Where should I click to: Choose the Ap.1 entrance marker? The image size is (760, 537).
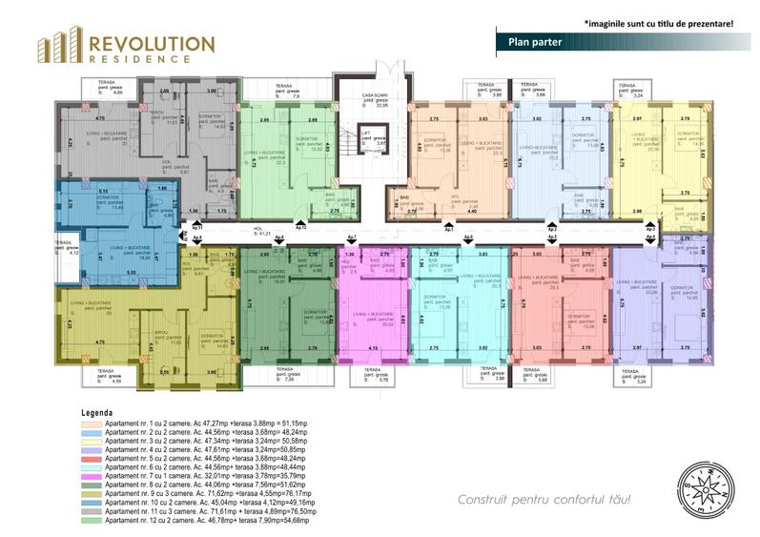point(449,229)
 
